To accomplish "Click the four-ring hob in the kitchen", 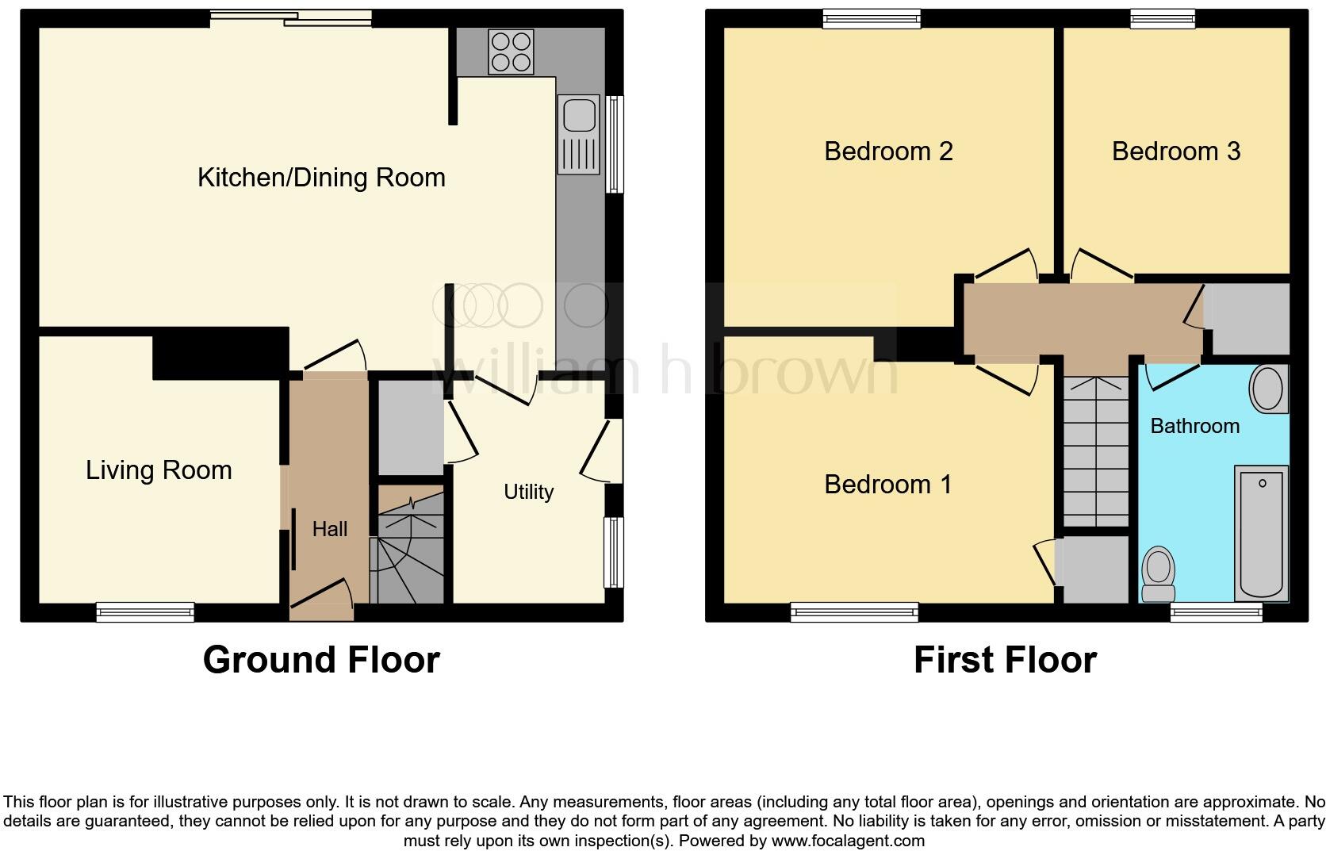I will pos(511,51).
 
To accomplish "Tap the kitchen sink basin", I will pos(579,116).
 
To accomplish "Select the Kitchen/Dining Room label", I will pos(321,177).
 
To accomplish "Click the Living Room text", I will pos(159,470).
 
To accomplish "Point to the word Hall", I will pos(329,529).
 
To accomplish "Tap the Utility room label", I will pos(528,492).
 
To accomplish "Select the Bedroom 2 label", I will pos(888,151).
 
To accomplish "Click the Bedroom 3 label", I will pos(1175,151).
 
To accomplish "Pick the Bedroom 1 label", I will pos(887,484).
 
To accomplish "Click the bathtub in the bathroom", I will pos(1261,533).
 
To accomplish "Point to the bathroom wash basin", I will pos(1267,389).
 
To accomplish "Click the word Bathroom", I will pos(1194,426).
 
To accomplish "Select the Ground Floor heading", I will pos(321,660).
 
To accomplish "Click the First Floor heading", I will pos(1005,660).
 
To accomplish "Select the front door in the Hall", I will pos(321,601).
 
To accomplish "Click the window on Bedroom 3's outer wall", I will pos(1162,17).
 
